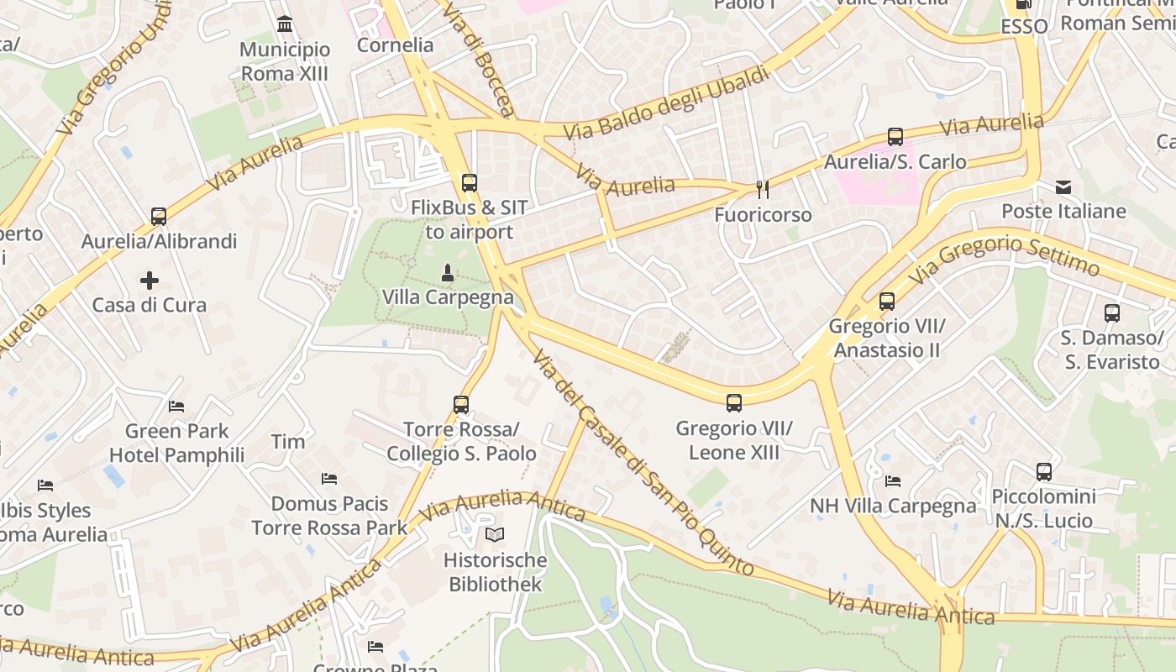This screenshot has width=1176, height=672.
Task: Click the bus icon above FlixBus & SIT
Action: pyautogui.click(x=470, y=182)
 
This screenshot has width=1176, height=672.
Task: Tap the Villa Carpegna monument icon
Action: pyautogui.click(x=448, y=273)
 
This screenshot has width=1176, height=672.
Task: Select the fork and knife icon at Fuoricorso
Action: pyautogui.click(x=763, y=190)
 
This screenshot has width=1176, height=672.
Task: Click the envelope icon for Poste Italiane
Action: pyautogui.click(x=1063, y=186)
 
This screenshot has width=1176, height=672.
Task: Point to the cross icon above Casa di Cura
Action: pyautogui.click(x=150, y=280)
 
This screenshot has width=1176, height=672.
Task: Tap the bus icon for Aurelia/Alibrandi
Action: pyautogui.click(x=159, y=217)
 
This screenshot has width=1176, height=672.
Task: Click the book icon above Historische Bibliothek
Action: pyautogui.click(x=495, y=535)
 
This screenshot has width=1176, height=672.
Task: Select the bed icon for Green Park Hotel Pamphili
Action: pyautogui.click(x=176, y=407)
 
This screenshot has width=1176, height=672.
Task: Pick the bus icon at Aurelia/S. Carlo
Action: pyautogui.click(x=895, y=137)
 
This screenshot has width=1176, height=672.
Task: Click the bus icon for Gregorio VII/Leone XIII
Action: pyautogui.click(x=734, y=403)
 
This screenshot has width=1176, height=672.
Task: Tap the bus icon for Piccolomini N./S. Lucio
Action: pyautogui.click(x=1044, y=472)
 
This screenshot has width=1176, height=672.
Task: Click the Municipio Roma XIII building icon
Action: pyautogui.click(x=285, y=24)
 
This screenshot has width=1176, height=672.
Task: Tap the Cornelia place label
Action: pyautogui.click(x=395, y=45)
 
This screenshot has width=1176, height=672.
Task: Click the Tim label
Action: pyautogui.click(x=288, y=441)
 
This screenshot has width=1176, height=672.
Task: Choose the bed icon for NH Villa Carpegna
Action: pyautogui.click(x=893, y=481)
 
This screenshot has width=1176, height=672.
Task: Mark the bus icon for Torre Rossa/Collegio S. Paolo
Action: pyautogui.click(x=461, y=405)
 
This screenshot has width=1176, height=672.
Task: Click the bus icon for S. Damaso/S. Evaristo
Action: pyautogui.click(x=1112, y=313)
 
